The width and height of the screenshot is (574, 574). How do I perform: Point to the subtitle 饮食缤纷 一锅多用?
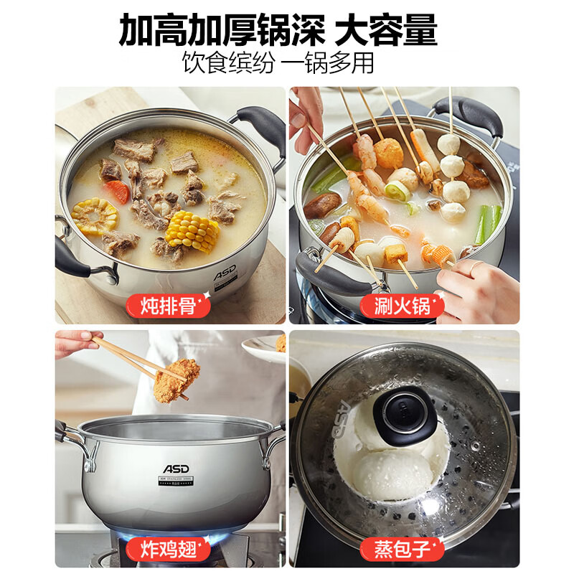(278, 63)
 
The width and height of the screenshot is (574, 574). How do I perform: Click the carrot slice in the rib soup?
(117, 192)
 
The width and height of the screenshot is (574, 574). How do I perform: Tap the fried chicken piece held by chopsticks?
(176, 379)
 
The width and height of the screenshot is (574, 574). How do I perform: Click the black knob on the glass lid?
(405, 414)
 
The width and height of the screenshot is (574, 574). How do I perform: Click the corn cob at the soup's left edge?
(94, 216)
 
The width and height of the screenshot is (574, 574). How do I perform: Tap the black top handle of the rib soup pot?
(260, 126)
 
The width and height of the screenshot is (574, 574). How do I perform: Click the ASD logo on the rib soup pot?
(225, 274)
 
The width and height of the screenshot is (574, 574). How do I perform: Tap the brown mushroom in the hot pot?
(322, 205)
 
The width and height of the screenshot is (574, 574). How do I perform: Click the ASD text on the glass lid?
(343, 419)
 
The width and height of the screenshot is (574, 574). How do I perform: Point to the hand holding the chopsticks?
(75, 342)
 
